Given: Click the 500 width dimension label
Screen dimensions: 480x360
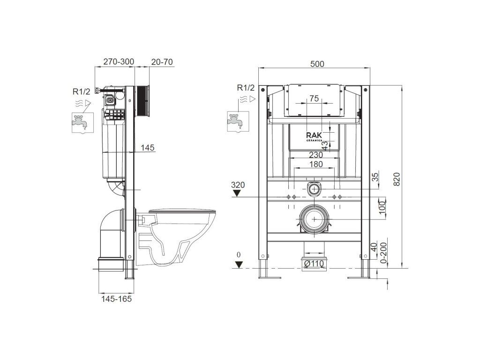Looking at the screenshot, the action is point(317,64).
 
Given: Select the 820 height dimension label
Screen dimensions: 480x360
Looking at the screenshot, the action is point(397,179).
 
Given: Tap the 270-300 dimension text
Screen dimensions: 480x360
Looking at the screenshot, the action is point(119,61).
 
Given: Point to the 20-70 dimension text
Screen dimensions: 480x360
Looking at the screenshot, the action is point(162,62).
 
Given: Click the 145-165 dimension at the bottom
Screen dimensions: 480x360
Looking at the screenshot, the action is point(116,299).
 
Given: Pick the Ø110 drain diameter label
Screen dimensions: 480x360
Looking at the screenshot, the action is point(314,263).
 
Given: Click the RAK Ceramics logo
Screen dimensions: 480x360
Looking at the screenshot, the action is point(314,136).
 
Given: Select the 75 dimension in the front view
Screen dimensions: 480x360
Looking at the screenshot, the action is point(314,98).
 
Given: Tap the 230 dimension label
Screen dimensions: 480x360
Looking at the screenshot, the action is point(315,155).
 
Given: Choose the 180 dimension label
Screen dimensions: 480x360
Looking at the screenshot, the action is point(315,165).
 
